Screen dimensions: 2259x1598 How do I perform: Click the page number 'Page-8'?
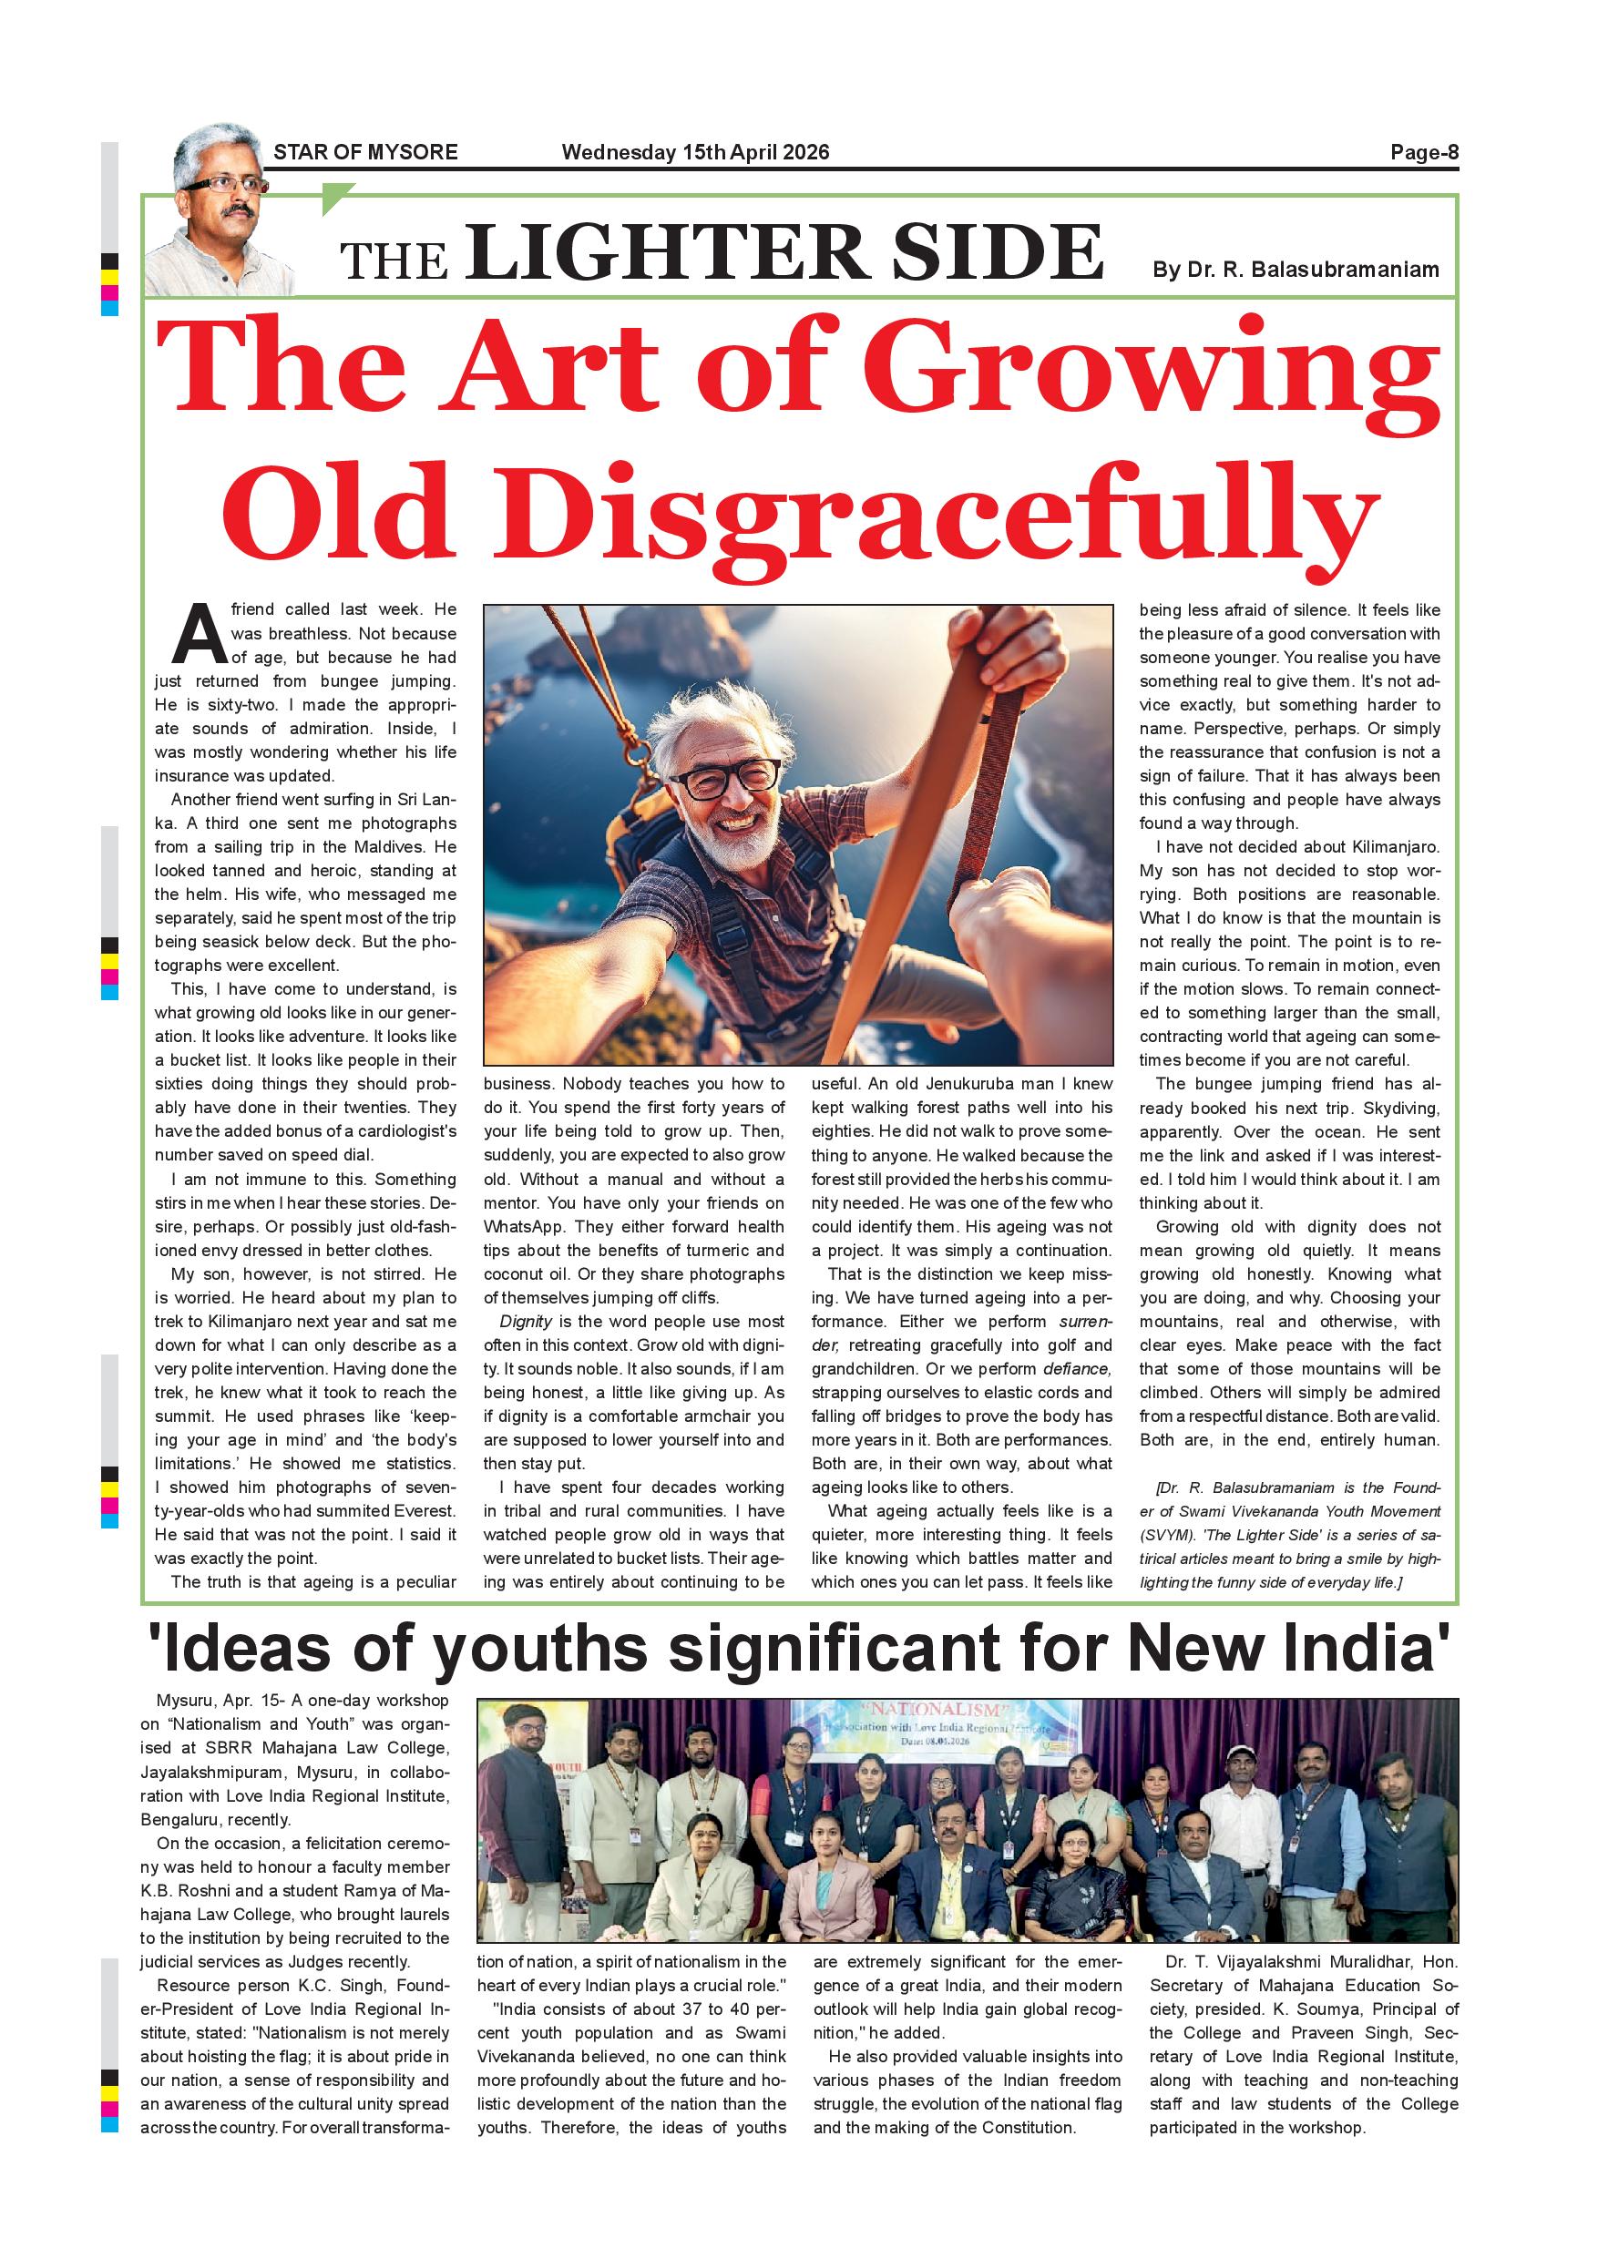coord(1423,152)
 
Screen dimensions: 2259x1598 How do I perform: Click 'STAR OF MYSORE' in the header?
coord(365,152)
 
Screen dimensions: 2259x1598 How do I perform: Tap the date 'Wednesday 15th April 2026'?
coord(695,152)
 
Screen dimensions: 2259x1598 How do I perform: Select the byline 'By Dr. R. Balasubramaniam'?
coord(1295,270)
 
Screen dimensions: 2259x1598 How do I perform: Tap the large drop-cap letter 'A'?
coord(200,635)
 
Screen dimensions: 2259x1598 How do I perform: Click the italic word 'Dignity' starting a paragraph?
coord(526,1322)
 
